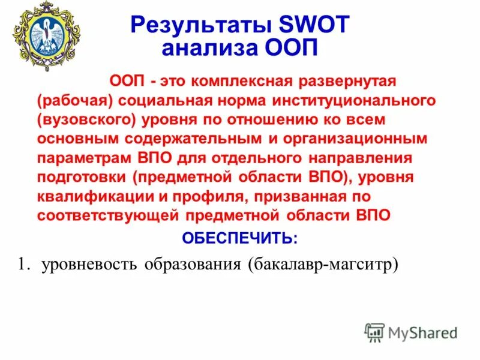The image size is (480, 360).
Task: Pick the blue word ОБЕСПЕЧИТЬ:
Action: pos(239,239)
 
